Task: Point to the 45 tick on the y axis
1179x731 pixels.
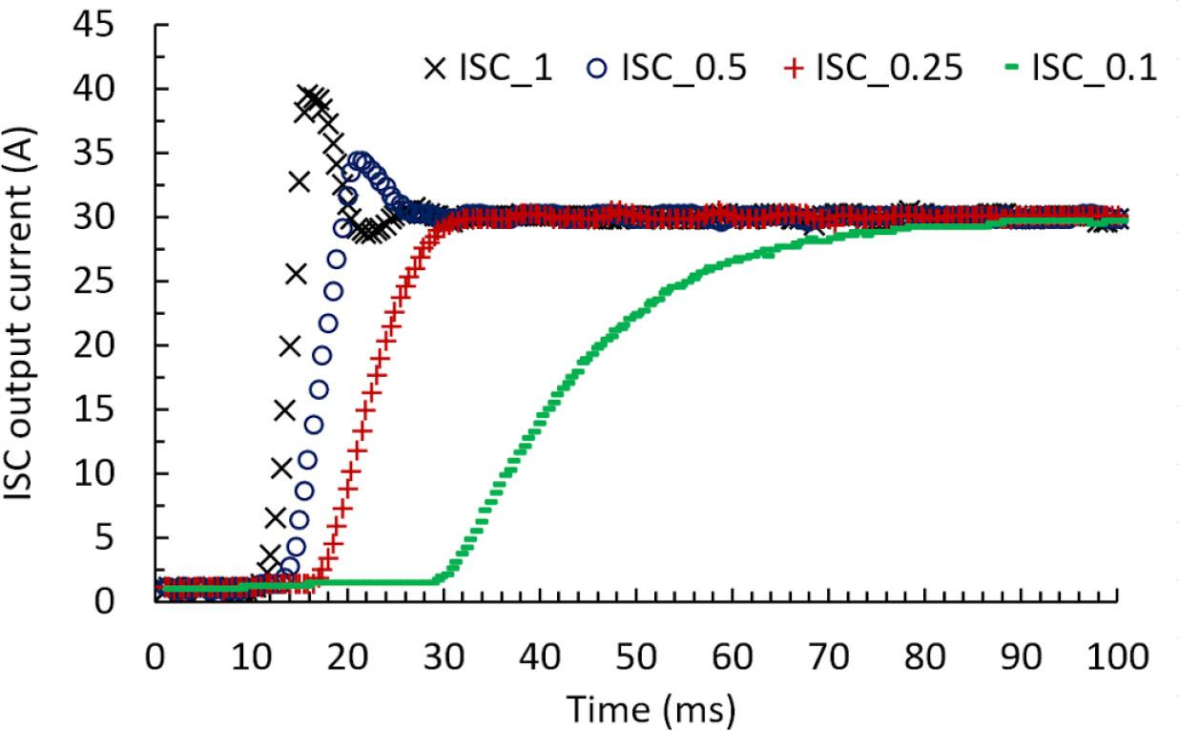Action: pos(120,25)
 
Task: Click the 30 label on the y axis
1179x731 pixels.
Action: pos(120,218)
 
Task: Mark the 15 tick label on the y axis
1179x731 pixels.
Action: pos(120,410)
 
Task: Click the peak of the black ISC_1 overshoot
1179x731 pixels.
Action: pos(311,94)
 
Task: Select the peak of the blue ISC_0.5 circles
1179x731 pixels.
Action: pos(360,159)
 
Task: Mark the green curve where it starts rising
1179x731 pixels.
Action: pos(439,579)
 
